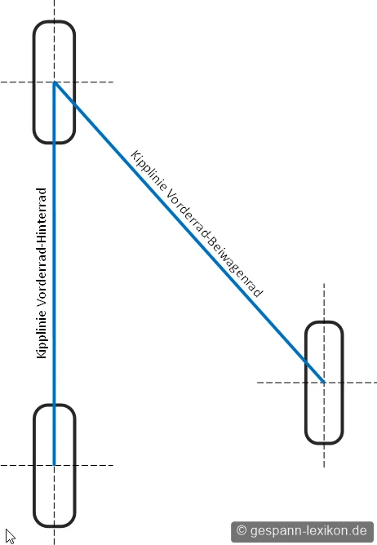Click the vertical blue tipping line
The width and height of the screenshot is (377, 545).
[54, 273]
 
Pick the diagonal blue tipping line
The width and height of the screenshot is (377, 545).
[189, 232]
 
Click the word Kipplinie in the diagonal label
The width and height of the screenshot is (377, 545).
[149, 171]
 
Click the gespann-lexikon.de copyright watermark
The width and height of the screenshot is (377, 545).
[302, 531]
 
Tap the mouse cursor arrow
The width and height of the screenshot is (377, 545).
[10, 536]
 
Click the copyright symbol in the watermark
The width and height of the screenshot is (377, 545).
[242, 530]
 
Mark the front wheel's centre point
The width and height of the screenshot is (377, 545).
[54, 82]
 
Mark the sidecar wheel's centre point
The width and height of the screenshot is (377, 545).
[324, 383]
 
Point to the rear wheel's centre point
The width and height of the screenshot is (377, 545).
[54, 465]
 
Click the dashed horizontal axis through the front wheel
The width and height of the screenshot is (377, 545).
[57, 82]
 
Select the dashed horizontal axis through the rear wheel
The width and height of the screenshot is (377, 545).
[57, 465]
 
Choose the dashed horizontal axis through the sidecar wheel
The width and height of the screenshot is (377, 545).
[317, 383]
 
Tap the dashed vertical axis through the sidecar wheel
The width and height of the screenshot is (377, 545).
[324, 375]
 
